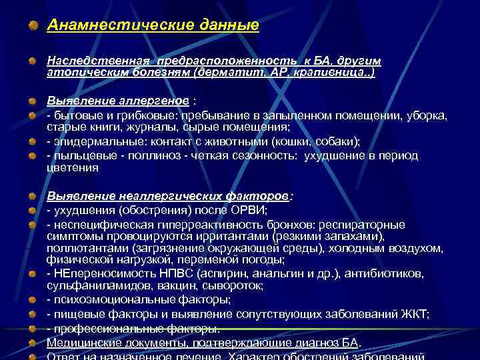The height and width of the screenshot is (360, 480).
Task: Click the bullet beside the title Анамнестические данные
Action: [33, 26]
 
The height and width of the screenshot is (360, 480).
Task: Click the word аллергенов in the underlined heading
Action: [153, 101]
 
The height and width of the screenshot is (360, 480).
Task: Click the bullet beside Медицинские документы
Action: [33, 343]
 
